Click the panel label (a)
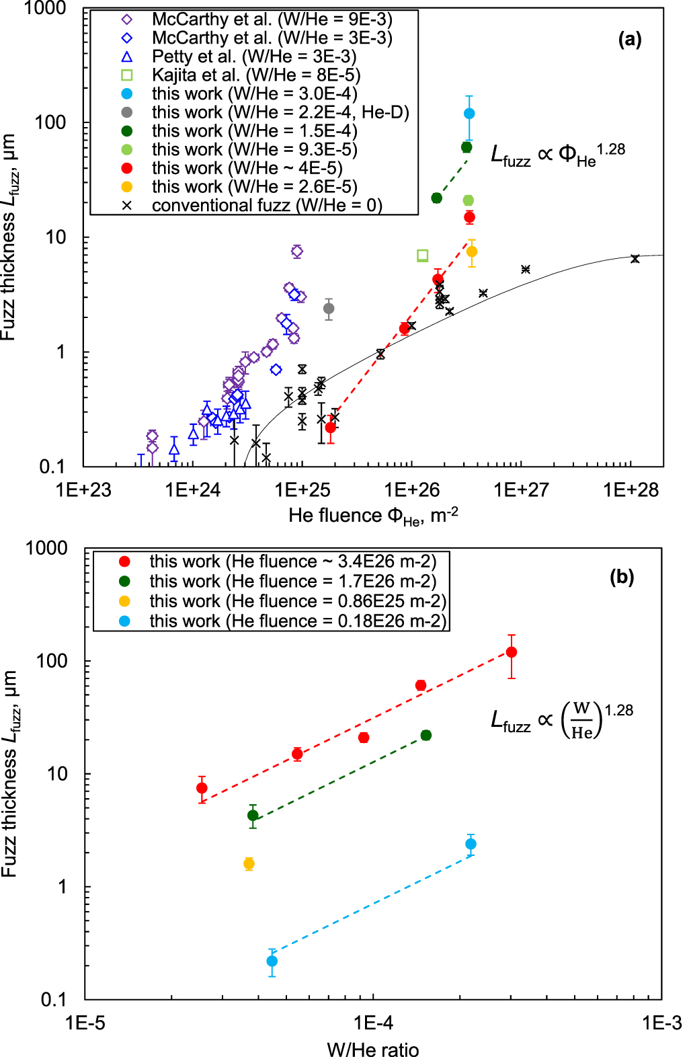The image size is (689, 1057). (x=629, y=40)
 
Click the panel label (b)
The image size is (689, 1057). (x=621, y=576)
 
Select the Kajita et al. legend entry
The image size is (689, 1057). (x=256, y=75)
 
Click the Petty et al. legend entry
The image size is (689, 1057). (x=254, y=56)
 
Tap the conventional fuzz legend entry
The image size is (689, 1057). (x=267, y=205)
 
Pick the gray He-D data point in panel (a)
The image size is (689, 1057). (x=329, y=309)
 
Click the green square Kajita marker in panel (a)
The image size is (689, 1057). (x=423, y=256)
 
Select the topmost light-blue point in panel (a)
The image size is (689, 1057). (x=469, y=114)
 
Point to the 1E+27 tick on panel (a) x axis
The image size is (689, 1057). (x=521, y=490)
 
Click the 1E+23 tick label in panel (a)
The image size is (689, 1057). (x=83, y=490)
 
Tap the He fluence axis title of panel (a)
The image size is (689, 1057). (x=373, y=516)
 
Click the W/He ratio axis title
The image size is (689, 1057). (x=372, y=1049)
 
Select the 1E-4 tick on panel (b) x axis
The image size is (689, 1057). (x=373, y=1023)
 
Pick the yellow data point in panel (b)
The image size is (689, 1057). (x=249, y=863)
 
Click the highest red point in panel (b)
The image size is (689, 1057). (x=512, y=652)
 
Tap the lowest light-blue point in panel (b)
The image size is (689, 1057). (x=272, y=961)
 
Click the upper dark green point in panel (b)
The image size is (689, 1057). (x=426, y=736)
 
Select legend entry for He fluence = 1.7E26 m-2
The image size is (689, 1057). (x=292, y=581)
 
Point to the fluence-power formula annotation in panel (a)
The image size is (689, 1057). (x=557, y=155)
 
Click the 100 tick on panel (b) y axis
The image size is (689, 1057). (x=52, y=661)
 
